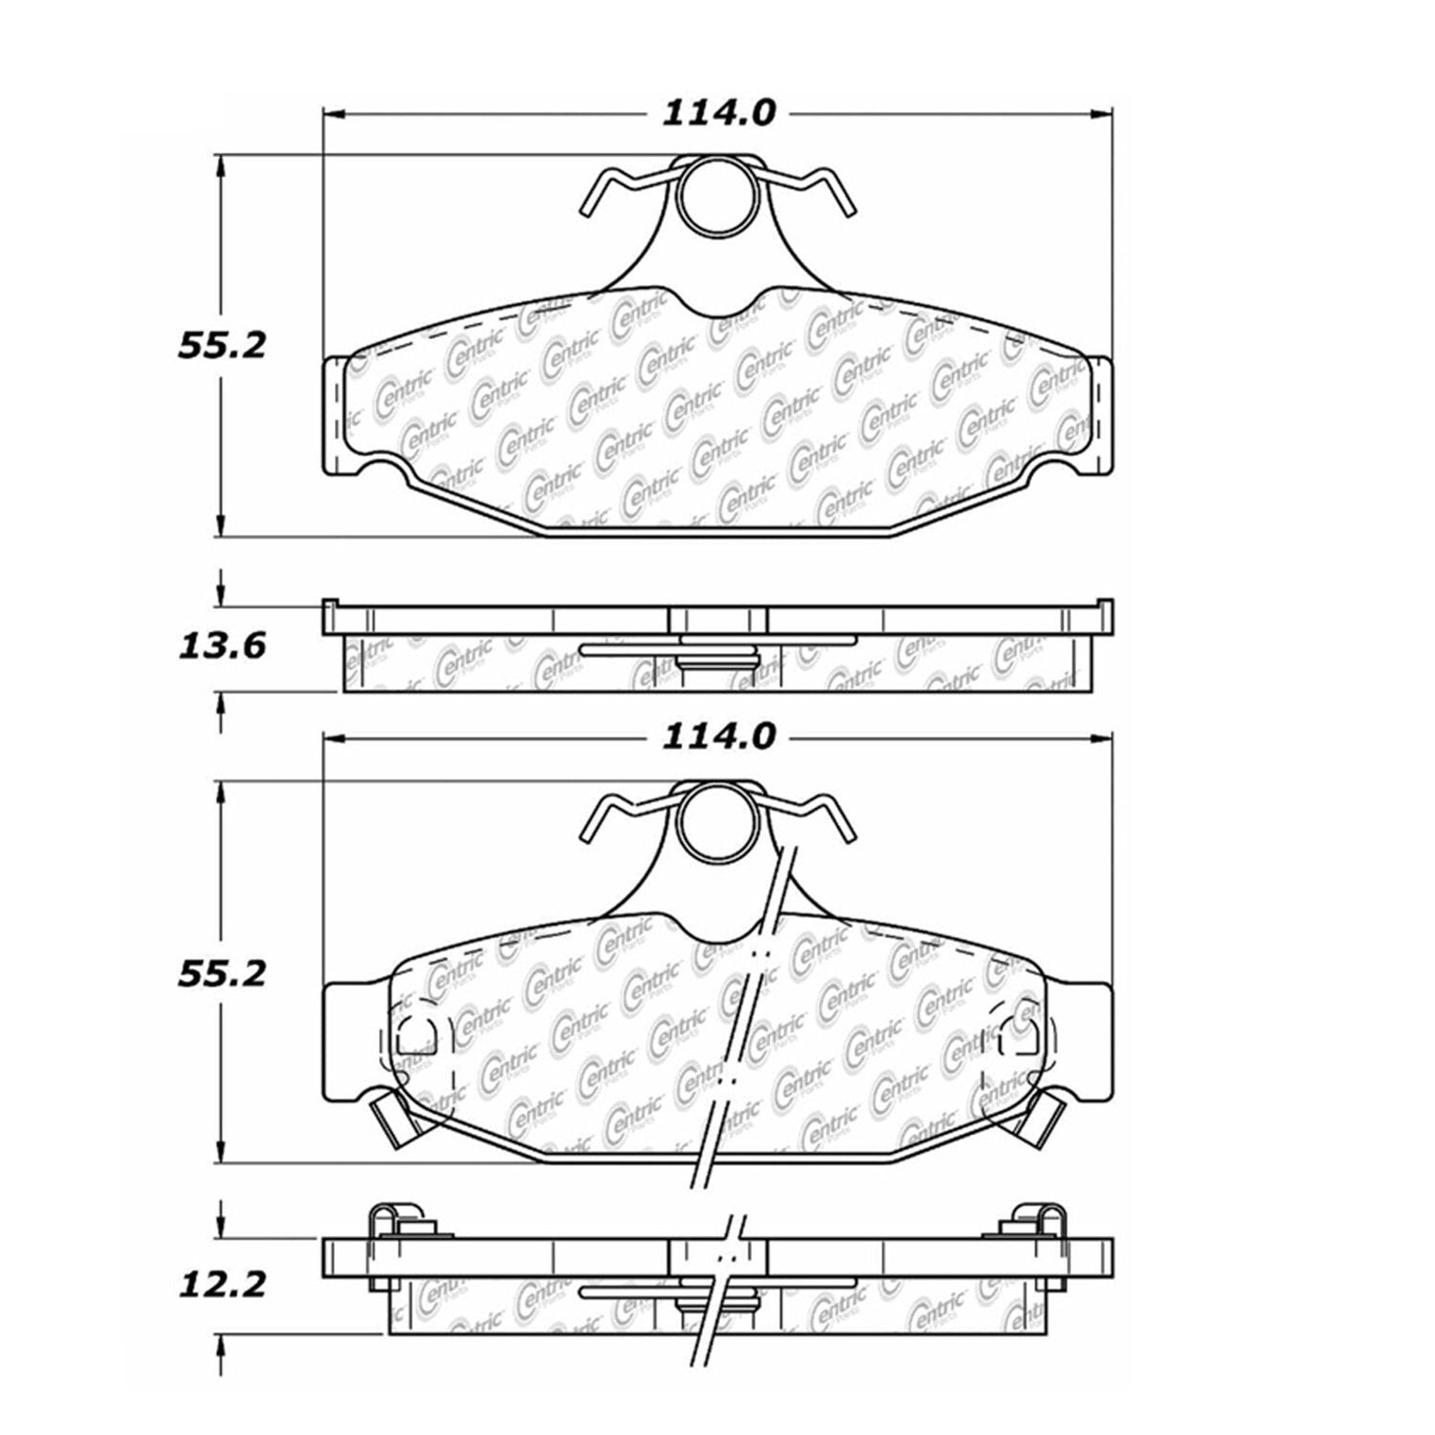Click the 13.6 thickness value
click(x=221, y=647)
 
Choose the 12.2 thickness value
click(x=221, y=1283)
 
